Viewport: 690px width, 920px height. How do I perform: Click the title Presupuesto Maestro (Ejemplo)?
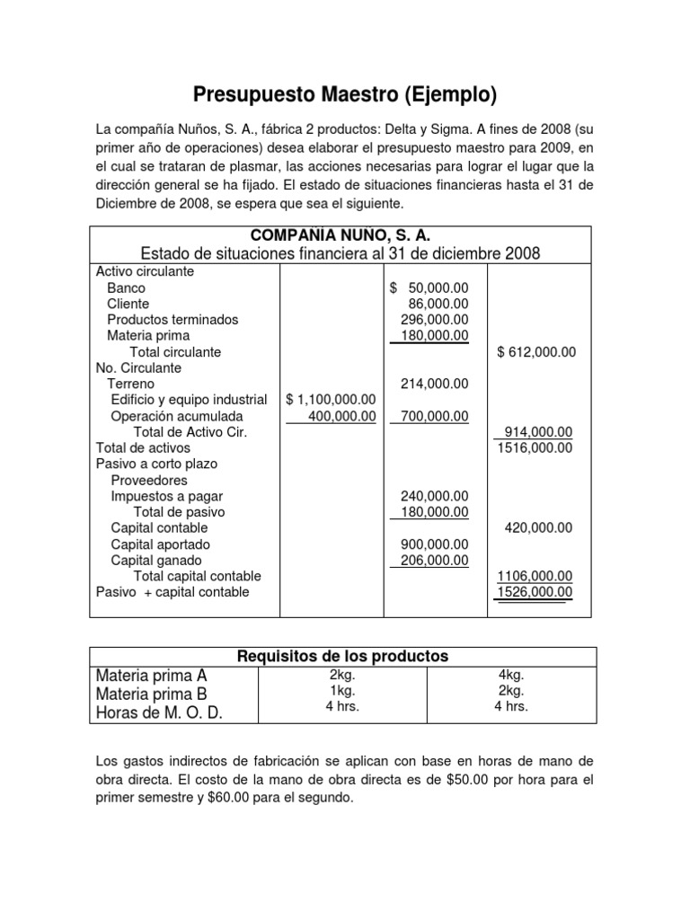pyautogui.click(x=345, y=94)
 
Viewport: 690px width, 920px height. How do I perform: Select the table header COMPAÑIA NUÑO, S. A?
pyautogui.click(x=341, y=235)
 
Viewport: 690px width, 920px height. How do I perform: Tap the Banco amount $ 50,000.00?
pyautogui.click(x=429, y=287)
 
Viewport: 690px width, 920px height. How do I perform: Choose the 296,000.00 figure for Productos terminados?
pyautogui.click(x=434, y=320)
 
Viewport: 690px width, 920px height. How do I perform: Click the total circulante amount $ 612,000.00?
pyautogui.click(x=536, y=352)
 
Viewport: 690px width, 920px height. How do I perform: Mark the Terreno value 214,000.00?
pyautogui.click(x=434, y=384)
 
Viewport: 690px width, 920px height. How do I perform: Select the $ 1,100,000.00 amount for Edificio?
pyautogui.click(x=330, y=400)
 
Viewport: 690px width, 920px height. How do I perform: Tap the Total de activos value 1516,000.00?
pyautogui.click(x=535, y=447)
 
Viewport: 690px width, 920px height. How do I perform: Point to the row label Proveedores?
pyautogui.click(x=149, y=481)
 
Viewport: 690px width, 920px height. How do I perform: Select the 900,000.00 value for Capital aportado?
pyautogui.click(x=434, y=544)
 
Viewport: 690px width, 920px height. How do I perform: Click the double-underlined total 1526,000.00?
pyautogui.click(x=535, y=592)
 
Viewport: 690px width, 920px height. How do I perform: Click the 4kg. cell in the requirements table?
pyautogui.click(x=511, y=675)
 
